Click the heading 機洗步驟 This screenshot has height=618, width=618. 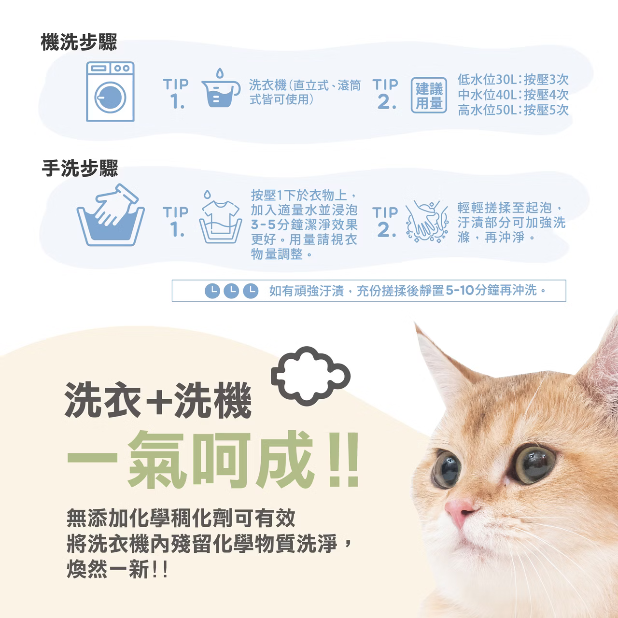(79, 43)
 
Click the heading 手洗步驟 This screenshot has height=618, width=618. (80, 169)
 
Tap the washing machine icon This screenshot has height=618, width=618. (110, 92)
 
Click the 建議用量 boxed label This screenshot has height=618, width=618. (429, 96)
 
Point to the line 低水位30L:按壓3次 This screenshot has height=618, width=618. (513, 80)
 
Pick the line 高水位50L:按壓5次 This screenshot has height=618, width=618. (513, 110)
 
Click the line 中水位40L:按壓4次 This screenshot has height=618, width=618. (513, 95)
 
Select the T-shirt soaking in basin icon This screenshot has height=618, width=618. (220, 217)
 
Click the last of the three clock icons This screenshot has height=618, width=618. (250, 291)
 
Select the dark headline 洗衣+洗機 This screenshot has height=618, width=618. (158, 400)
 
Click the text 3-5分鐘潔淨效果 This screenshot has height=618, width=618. (304, 225)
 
